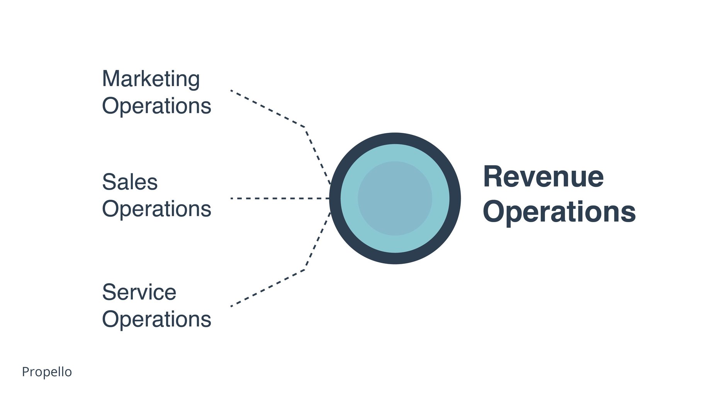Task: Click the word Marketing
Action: point(151,79)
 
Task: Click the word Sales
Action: point(130,182)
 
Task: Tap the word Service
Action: point(139,292)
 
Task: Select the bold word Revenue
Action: point(543,177)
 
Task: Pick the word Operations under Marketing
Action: point(156,106)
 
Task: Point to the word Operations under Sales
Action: point(156,209)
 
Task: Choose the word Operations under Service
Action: point(156,319)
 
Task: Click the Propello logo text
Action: point(47,372)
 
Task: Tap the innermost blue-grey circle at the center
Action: point(395,198)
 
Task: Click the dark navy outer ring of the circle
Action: point(395,138)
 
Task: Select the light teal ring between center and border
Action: point(395,153)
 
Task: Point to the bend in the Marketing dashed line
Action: point(305,127)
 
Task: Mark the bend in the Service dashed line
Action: point(305,270)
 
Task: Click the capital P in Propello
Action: point(25,372)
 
